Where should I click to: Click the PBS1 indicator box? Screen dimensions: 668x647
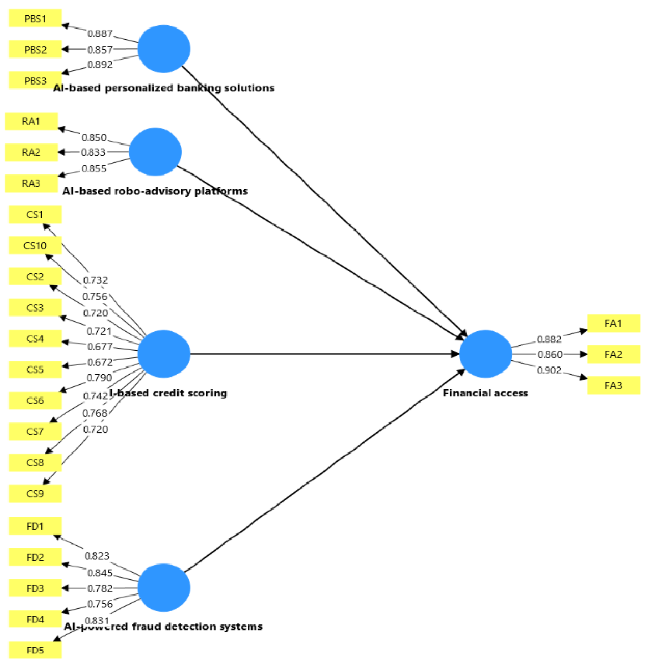[35, 18]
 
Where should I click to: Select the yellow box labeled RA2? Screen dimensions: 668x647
[31, 152]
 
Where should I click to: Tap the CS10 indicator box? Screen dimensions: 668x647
[35, 246]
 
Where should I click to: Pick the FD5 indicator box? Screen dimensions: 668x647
[35, 650]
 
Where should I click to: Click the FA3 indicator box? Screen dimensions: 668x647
[613, 385]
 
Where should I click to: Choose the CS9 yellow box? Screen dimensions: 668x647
[35, 494]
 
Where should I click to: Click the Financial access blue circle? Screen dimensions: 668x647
[485, 354]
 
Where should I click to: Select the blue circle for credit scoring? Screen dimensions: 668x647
[163, 354]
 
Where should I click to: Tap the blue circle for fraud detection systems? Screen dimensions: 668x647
[163, 588]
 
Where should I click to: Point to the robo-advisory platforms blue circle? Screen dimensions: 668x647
[155, 152]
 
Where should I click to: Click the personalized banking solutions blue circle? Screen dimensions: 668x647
[163, 49]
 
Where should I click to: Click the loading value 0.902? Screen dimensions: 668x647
[549, 370]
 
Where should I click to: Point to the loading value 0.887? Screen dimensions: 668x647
[100, 34]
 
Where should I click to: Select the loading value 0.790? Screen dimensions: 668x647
[99, 378]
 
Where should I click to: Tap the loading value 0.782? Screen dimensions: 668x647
[100, 588]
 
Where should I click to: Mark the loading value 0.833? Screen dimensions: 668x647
[93, 152]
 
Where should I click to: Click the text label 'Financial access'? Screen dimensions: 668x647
[485, 393]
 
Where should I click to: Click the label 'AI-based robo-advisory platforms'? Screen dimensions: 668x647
[155, 191]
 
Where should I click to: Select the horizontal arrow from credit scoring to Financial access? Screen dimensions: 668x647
[321, 354]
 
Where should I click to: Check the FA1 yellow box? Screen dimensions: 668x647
[613, 323]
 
